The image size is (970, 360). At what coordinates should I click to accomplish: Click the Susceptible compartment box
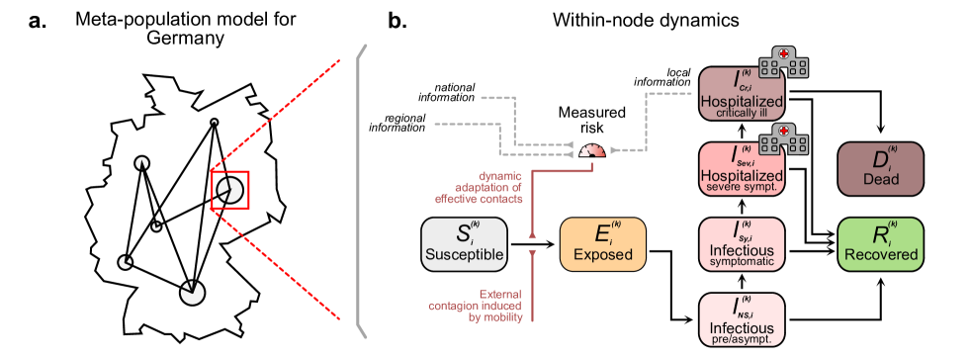[465, 244]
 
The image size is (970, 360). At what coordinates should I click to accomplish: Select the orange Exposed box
[603, 244]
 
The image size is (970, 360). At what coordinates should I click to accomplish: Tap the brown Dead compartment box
[880, 169]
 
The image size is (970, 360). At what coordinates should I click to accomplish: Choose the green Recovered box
[880, 244]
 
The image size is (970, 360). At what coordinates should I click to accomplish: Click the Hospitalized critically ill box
[741, 94]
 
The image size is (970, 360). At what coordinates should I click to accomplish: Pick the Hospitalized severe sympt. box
[741, 169]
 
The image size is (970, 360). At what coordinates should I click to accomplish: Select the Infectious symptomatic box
[741, 244]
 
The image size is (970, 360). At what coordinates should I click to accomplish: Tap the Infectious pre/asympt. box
[741, 318]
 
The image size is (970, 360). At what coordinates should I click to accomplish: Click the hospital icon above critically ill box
[785, 60]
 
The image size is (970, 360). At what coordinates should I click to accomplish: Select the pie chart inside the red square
[229, 190]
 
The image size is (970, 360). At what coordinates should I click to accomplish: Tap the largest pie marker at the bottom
[192, 292]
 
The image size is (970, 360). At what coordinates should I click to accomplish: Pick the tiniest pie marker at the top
[214, 122]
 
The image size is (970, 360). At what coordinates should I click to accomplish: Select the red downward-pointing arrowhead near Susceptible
[533, 254]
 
